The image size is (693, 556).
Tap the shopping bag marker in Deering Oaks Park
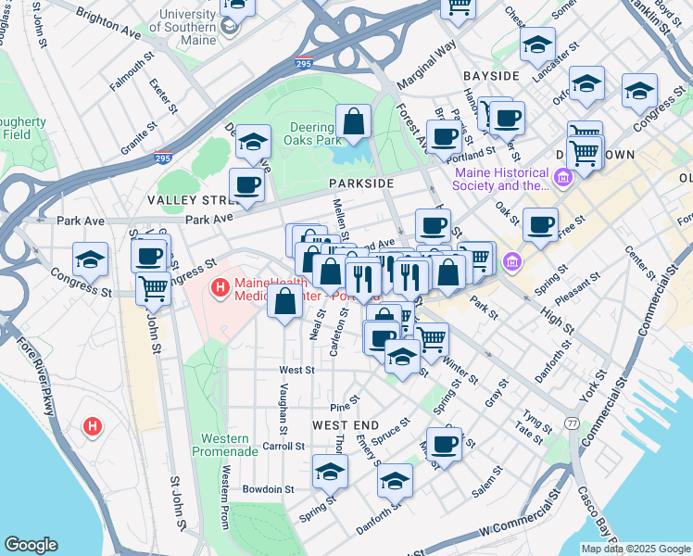coord(353,122)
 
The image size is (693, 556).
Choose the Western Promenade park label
coord(220,445)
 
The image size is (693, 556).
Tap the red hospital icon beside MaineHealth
coord(220,288)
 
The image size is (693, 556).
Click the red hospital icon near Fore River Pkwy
coord(93,427)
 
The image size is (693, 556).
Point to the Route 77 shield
coord(573,423)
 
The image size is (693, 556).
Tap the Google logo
coord(31,544)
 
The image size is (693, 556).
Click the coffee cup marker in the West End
coord(444,444)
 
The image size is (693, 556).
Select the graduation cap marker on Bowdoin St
coord(330,473)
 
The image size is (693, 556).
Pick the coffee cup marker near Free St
coord(540,224)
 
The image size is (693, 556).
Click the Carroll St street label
coord(284,446)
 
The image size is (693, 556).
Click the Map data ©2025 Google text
coord(635,549)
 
